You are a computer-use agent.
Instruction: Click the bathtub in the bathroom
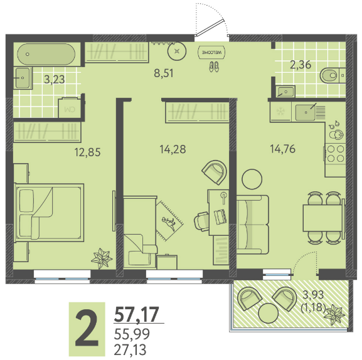46,55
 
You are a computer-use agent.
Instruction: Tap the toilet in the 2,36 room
333,75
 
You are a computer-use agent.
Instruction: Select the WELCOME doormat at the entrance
211,53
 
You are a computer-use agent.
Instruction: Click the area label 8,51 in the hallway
164,73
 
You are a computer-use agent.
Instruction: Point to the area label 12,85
87,152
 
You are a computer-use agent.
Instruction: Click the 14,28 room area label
173,149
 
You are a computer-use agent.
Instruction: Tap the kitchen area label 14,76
282,149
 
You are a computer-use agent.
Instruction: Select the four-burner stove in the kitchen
335,154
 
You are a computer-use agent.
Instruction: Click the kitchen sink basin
305,113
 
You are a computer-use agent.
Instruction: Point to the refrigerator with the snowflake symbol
280,112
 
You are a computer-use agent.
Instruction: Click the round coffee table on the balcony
268,313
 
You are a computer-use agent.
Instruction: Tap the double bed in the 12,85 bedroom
49,213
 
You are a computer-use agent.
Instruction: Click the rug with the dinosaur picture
169,220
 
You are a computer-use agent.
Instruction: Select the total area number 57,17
137,314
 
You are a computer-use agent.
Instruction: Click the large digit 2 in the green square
87,329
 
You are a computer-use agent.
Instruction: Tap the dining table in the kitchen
324,218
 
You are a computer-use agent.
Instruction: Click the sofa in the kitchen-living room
253,225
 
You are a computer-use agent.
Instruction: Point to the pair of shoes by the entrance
214,66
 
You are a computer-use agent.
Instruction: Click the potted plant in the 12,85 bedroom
102,258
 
